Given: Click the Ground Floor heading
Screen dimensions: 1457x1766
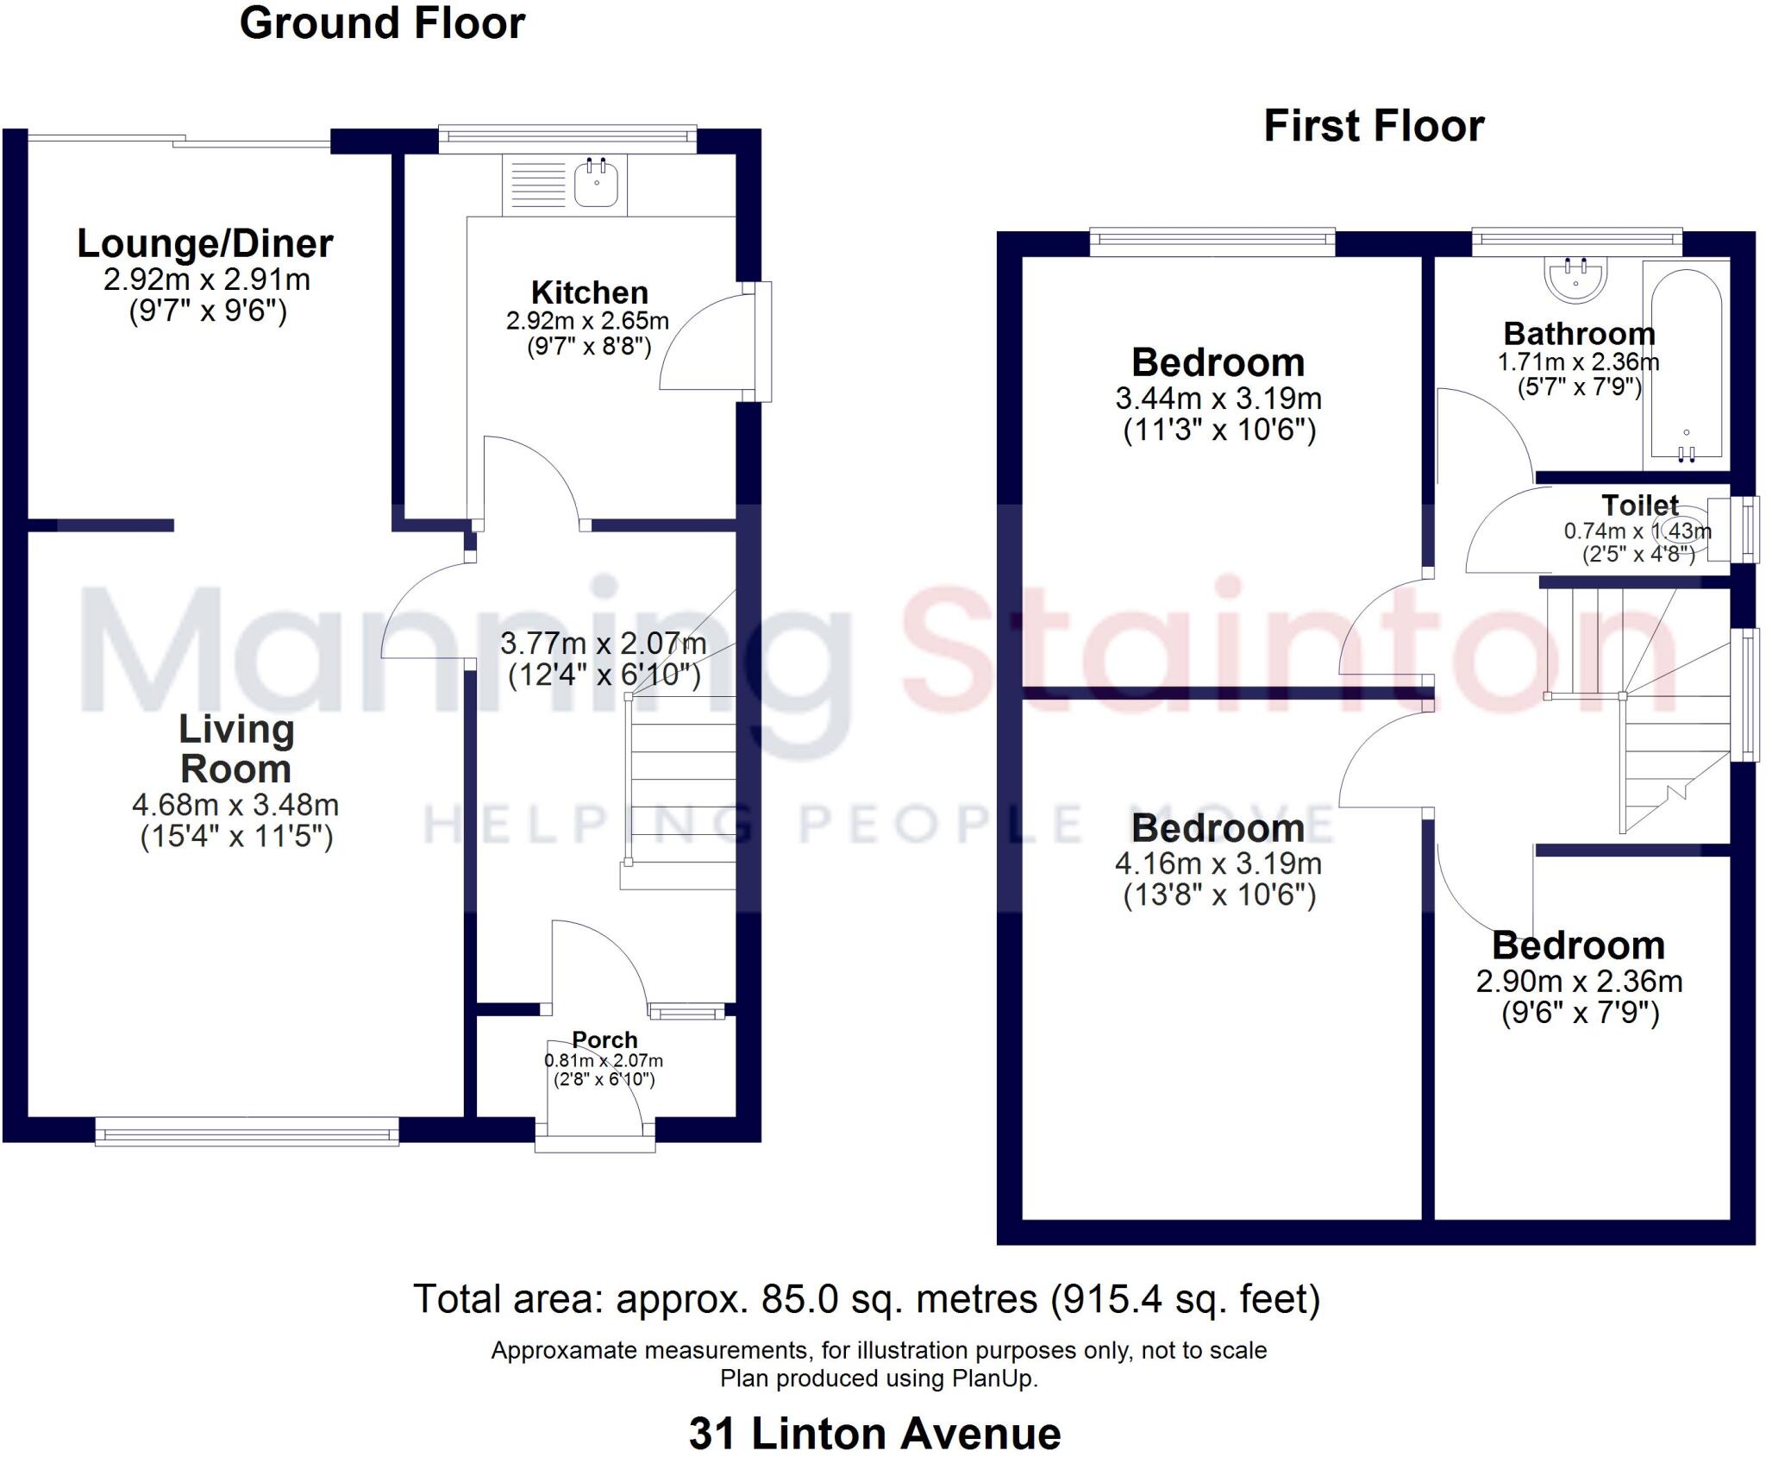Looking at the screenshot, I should [x=382, y=23].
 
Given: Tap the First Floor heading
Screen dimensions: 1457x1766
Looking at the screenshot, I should [x=1374, y=127].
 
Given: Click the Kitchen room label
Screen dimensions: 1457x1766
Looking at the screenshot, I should [x=589, y=292].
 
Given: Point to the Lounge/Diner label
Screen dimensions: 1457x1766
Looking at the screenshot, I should [x=205, y=244].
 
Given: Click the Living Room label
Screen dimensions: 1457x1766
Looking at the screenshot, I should [x=235, y=749].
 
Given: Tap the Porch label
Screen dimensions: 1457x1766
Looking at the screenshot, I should [x=604, y=1039].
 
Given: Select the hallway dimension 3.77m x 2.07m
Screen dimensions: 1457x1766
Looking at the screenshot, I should [x=603, y=644].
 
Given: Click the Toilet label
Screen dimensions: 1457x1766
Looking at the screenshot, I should [x=1639, y=506].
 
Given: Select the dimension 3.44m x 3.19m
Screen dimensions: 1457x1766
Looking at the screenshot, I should [x=1218, y=399].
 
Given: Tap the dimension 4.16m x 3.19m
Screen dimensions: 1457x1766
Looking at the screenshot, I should [x=1218, y=864].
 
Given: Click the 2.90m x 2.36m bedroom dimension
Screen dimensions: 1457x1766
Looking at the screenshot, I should [x=1579, y=982].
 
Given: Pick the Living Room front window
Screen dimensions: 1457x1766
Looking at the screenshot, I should [x=247, y=1132].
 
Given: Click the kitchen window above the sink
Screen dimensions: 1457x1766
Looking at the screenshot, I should [x=567, y=137].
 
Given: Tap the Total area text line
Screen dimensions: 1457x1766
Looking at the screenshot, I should [x=867, y=1299].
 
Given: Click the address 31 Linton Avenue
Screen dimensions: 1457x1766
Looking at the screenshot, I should [x=874, y=1434].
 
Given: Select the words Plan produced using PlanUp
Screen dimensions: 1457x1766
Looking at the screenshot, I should [x=879, y=1378].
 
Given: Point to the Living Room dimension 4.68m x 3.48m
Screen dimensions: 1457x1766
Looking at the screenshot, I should [x=235, y=806].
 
